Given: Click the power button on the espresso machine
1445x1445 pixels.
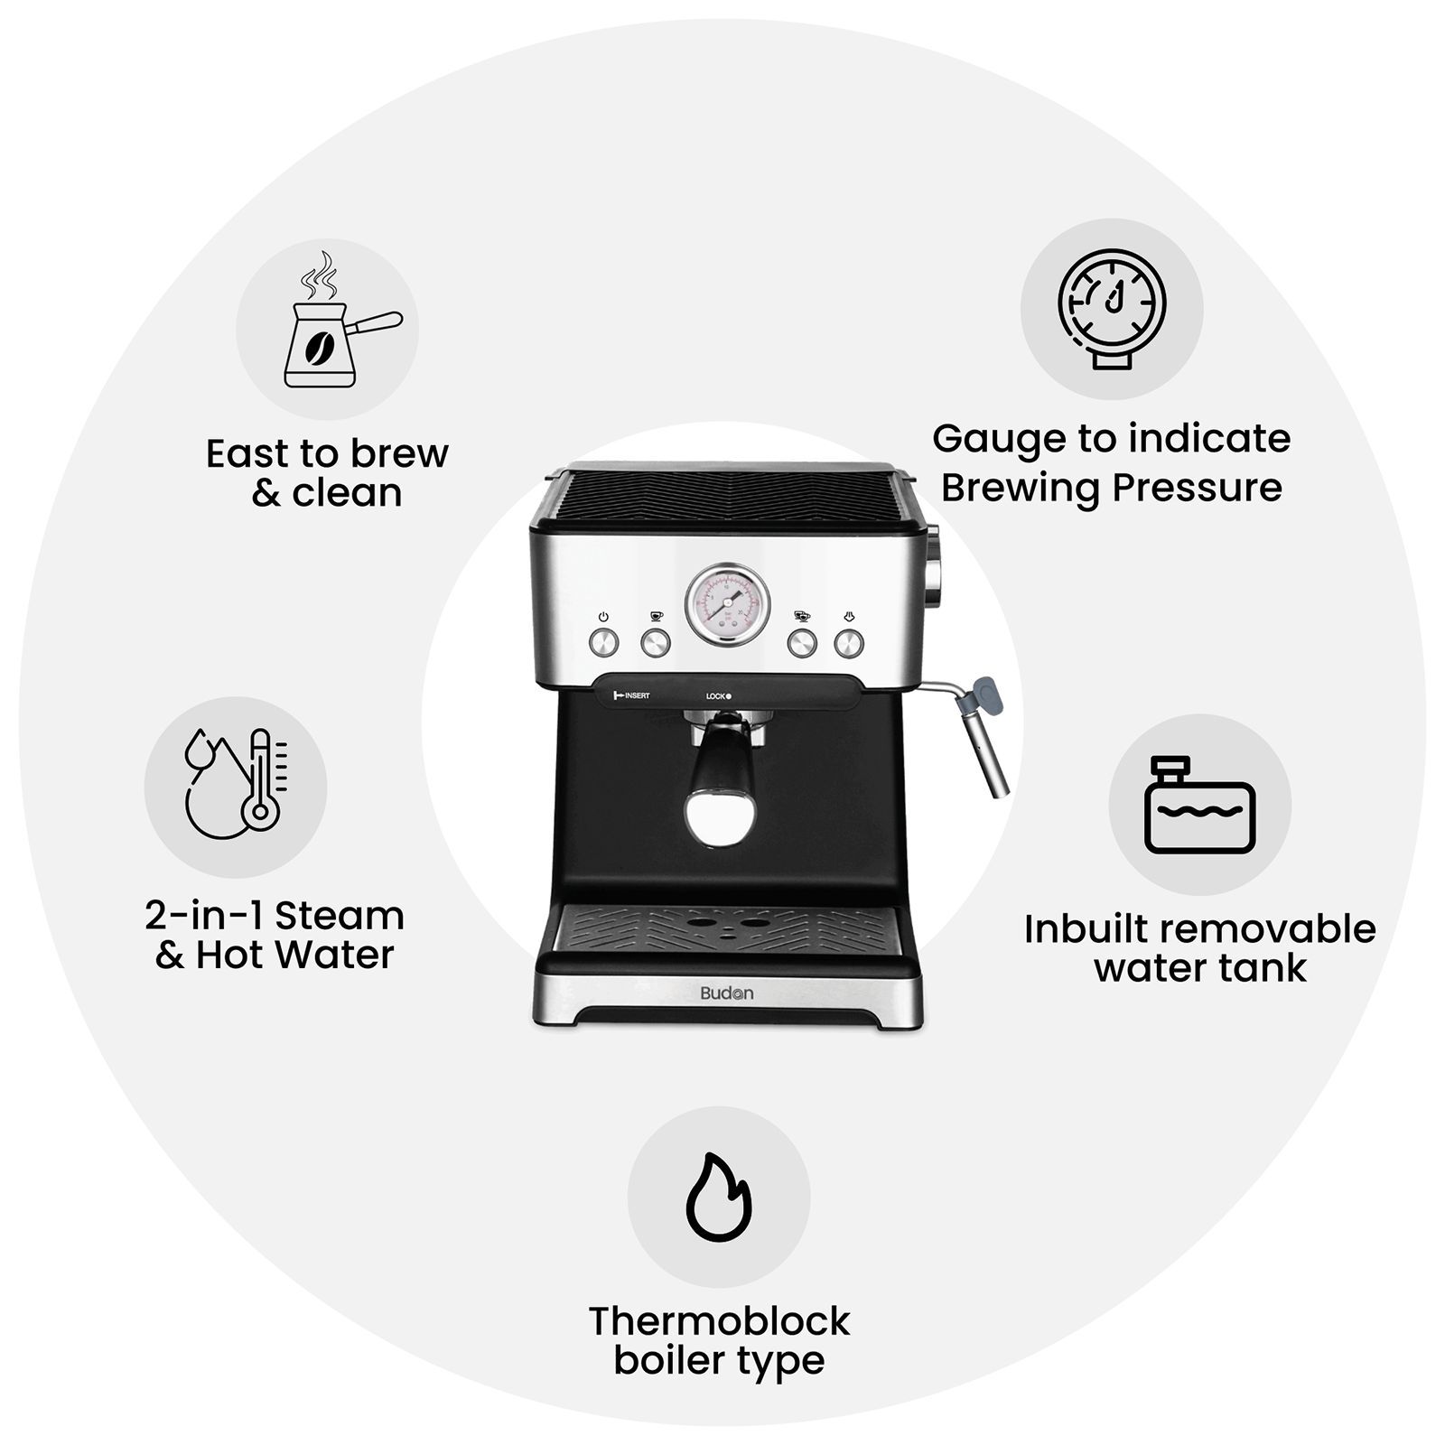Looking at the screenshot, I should tap(603, 642).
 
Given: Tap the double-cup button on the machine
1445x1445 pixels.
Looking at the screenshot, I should tap(802, 643).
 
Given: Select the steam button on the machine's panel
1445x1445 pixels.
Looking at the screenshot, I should tap(849, 643).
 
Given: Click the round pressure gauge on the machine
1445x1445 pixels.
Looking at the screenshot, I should tap(728, 604).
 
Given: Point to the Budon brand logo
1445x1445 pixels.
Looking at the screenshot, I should tap(726, 993).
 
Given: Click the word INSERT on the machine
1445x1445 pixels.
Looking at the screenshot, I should tap(637, 695).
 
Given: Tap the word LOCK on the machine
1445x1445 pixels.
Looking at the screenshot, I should tap(716, 696).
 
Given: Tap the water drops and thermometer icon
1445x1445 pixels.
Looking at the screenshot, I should tap(236, 784).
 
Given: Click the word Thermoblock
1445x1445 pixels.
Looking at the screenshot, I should tap(719, 1321).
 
